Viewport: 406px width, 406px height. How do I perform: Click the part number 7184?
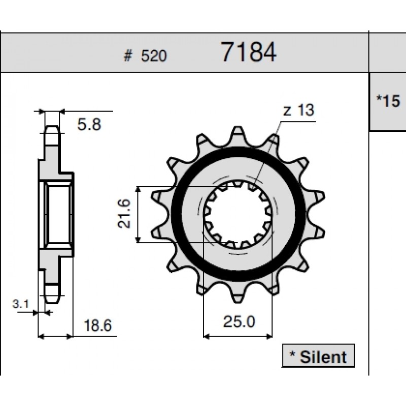point(249,52)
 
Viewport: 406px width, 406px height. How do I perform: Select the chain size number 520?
point(154,56)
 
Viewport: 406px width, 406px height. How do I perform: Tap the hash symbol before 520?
point(128,56)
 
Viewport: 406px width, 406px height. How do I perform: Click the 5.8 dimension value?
point(89,124)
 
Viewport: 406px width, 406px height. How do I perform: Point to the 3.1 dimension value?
point(21,304)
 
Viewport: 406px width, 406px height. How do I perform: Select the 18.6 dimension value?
point(98,325)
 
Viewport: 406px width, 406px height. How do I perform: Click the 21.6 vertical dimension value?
point(124,214)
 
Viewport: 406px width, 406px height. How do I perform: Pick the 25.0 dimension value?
point(239,322)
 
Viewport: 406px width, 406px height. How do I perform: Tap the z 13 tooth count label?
point(299,110)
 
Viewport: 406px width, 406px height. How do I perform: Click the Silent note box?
point(318,356)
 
